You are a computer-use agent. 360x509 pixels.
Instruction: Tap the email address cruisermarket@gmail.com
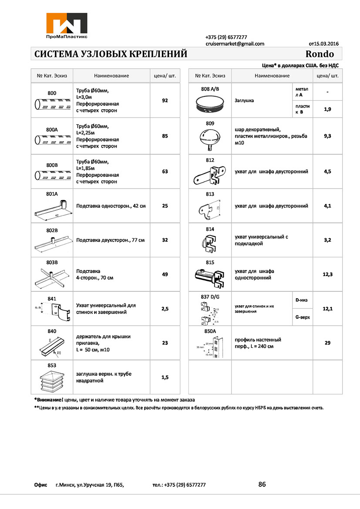coord(235,44)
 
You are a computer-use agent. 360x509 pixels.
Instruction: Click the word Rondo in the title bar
coord(320,54)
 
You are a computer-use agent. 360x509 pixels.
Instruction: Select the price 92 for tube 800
coord(165,101)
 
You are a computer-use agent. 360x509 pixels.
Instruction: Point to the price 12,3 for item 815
coord(328,274)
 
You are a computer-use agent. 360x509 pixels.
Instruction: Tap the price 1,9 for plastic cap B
coord(328,109)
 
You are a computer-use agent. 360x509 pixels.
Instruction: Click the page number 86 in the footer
coord(262,484)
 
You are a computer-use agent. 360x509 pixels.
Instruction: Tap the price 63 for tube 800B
coord(165,172)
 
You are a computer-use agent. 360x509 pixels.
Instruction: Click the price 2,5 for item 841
coord(165,309)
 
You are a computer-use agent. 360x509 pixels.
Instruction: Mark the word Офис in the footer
coord(40,485)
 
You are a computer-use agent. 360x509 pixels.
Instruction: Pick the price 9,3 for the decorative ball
coord(328,136)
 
